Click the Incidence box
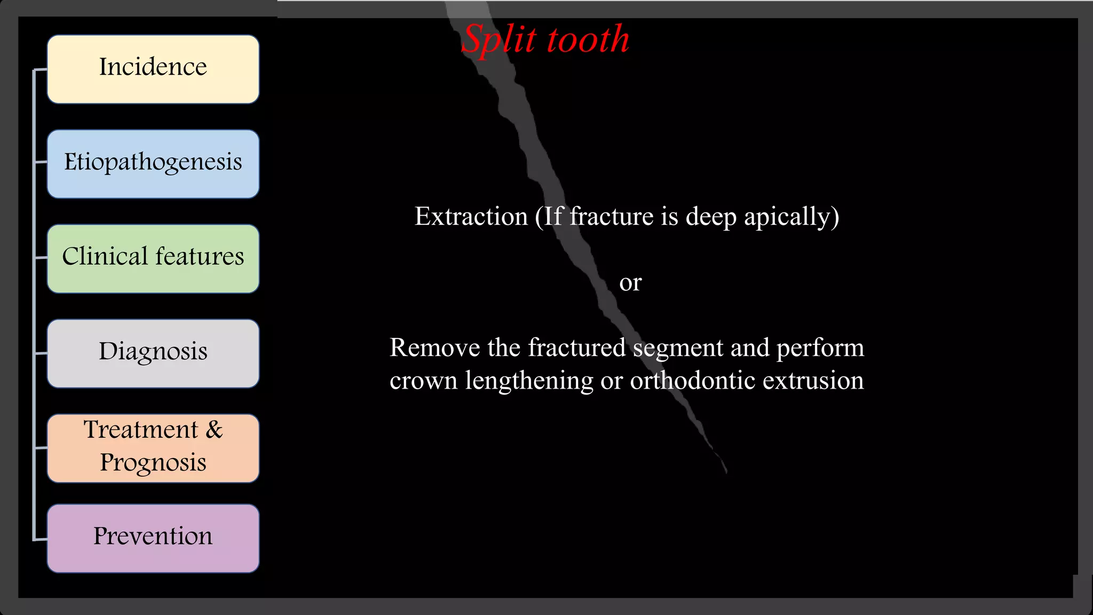click(153, 69)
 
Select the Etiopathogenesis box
click(153, 164)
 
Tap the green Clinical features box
click(153, 258)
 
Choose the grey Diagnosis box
click(153, 353)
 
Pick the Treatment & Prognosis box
click(153, 448)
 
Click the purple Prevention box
click(153, 538)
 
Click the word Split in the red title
click(498, 40)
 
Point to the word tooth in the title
click(588, 40)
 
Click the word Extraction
click(471, 217)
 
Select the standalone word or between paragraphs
click(630, 282)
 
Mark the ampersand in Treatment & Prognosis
click(215, 430)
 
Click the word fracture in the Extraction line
click(611, 217)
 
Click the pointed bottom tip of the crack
click(726, 471)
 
